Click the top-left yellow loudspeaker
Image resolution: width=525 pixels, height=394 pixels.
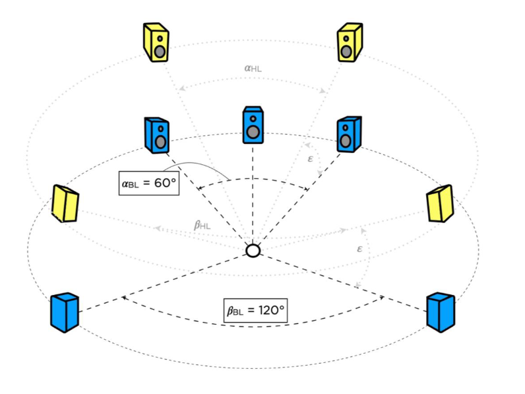(x=156, y=43)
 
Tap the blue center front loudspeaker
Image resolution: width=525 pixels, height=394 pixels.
(x=253, y=125)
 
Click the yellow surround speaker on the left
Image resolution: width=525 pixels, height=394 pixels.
(x=65, y=203)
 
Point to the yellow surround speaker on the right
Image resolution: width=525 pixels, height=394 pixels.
(x=440, y=203)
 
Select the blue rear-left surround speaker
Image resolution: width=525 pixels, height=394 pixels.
(x=64, y=312)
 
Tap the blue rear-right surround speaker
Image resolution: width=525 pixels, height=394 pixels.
(x=441, y=312)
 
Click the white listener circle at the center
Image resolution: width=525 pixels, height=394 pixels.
(x=253, y=251)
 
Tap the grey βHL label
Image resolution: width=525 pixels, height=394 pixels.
(x=202, y=225)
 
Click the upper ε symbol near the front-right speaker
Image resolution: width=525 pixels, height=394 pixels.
(x=311, y=159)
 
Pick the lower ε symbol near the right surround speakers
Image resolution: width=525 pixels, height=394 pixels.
(x=359, y=249)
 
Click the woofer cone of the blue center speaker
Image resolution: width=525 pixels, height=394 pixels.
(x=253, y=131)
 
